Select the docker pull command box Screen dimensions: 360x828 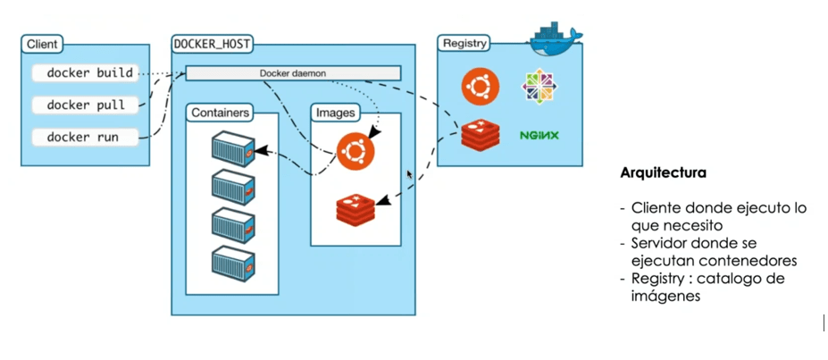[x=86, y=105]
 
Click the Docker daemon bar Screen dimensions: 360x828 [x=293, y=73]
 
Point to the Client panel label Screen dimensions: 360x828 [x=43, y=43]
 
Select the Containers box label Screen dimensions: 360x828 [x=220, y=113]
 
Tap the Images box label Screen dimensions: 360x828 [x=336, y=113]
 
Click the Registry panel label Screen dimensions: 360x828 [x=464, y=43]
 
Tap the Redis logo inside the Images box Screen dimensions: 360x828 [x=355, y=208]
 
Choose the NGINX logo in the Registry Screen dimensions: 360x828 [x=539, y=136]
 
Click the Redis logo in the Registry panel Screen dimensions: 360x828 [x=480, y=135]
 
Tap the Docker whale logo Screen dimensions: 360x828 [x=556, y=36]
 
